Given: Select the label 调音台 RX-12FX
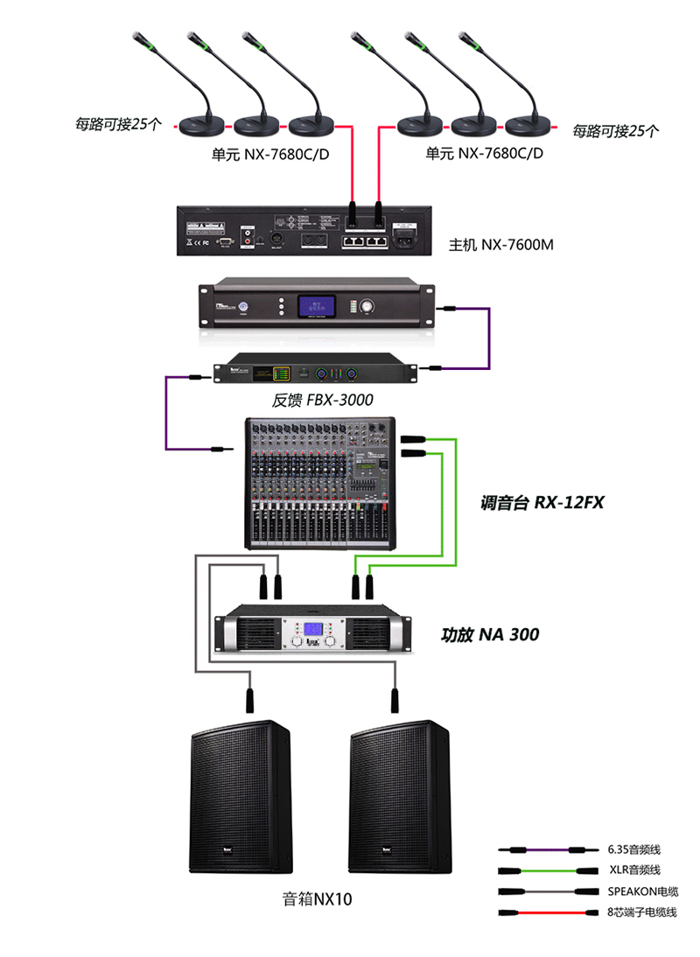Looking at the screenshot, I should (542, 503).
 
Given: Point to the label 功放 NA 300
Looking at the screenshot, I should (490, 634).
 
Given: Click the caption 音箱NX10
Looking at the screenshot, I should (317, 898).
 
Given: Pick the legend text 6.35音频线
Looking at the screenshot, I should (633, 849).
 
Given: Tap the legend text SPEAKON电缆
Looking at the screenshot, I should (642, 891).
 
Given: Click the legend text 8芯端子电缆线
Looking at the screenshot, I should (641, 912).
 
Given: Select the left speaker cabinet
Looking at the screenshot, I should (241, 796).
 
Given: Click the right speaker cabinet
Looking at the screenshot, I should (400, 796).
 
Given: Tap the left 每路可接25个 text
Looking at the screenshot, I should (118, 124).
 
